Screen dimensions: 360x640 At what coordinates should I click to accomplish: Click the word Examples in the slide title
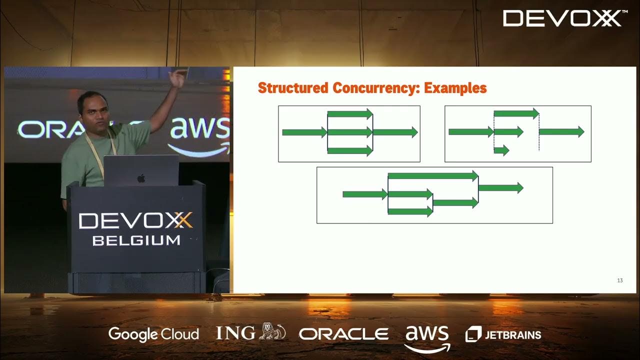[455, 88]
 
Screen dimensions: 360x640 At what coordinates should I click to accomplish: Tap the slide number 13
[620, 280]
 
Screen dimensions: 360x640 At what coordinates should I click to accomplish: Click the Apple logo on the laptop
[141, 178]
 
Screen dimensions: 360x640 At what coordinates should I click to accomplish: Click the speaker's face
[93, 111]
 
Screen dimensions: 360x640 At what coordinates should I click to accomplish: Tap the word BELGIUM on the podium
[136, 240]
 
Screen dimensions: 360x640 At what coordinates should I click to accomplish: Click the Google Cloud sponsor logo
[153, 334]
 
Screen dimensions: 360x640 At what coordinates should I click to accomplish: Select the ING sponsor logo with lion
[250, 332]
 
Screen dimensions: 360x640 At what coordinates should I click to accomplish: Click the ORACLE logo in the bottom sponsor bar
[343, 334]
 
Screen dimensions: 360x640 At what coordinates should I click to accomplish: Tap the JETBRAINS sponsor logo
[503, 334]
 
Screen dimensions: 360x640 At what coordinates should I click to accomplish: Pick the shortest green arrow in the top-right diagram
[501, 150]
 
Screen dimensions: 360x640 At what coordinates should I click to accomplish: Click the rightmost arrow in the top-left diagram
[395, 132]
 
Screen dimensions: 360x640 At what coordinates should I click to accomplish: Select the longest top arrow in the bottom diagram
[433, 175]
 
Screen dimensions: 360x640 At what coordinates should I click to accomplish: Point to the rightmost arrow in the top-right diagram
[561, 131]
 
